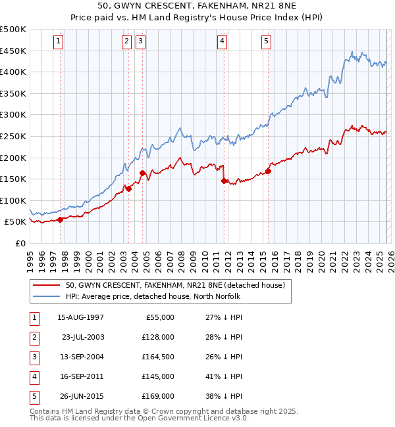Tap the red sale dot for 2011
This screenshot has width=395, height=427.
click(x=224, y=181)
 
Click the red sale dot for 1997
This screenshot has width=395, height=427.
click(x=60, y=219)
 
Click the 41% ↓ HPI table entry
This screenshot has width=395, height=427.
click(x=223, y=376)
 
